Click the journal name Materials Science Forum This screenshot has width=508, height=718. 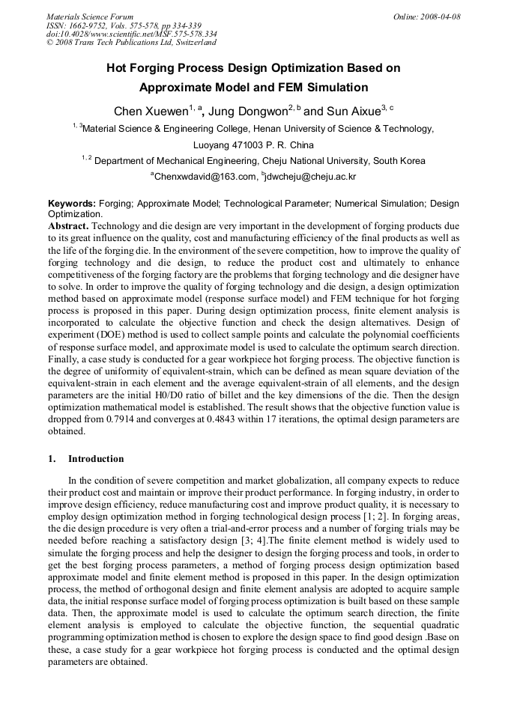(x=90, y=16)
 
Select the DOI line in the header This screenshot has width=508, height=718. (x=132, y=34)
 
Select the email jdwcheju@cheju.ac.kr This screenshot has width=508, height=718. (x=310, y=177)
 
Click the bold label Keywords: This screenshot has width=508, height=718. (x=71, y=204)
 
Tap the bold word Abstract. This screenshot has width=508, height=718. (x=68, y=225)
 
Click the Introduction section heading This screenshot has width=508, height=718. (x=96, y=459)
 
